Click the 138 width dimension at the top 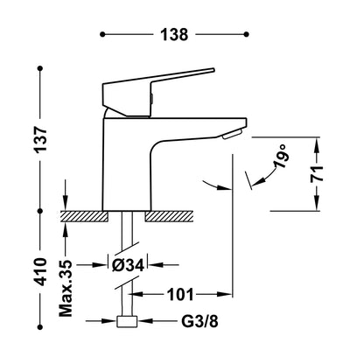(174, 34)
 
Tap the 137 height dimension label (40, 140)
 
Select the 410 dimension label (40, 271)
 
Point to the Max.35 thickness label (66, 288)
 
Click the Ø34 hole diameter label (129, 265)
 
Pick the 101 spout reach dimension (180, 295)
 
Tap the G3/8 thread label (199, 321)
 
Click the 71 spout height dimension (317, 174)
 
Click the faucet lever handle (151, 90)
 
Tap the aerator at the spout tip (232, 135)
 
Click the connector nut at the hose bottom (127, 321)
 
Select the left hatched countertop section (84, 216)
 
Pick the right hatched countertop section (169, 216)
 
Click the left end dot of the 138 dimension (102, 34)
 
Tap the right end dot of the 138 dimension (247, 34)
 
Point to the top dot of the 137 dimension (40, 68)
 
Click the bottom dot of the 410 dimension (40, 327)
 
